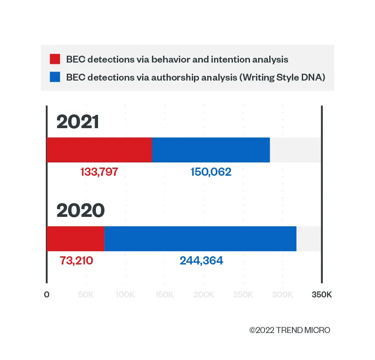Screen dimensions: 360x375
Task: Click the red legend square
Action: pos(55,59)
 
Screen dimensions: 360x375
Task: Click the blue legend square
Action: pos(55,78)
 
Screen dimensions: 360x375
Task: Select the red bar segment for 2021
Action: pos(99,150)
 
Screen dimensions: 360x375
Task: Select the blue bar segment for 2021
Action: pos(211,150)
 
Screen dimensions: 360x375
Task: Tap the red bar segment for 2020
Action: pos(75,239)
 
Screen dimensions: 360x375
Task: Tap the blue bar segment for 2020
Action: pos(200,239)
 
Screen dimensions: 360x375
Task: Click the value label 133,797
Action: pos(99,172)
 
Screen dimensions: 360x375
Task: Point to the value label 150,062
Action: pos(211,172)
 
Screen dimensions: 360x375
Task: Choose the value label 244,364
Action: pos(201,260)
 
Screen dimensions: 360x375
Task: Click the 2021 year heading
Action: pos(77,123)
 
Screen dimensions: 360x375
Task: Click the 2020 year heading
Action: pos(80,211)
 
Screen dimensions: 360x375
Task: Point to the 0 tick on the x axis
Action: pos(47,295)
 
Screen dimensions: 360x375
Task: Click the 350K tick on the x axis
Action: pos(321,295)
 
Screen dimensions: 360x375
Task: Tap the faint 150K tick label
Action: pos(165,295)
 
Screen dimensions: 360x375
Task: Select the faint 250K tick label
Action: pos(244,295)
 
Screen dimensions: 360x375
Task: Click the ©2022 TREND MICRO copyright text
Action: pos(290,330)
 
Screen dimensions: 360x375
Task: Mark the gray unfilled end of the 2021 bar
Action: pos(295,150)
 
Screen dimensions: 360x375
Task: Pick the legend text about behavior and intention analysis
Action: pos(177,59)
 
